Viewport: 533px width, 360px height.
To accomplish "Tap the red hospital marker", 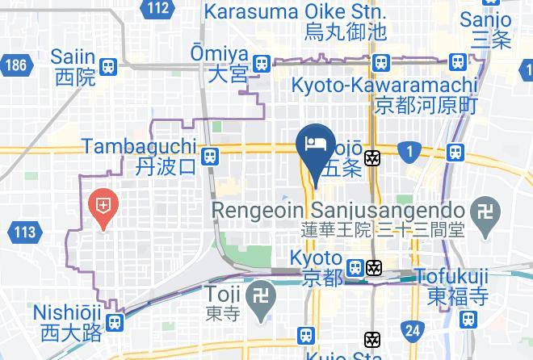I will (103, 205).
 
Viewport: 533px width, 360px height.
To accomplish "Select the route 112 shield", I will (159, 9).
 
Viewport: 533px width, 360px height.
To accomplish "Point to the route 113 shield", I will (25, 233).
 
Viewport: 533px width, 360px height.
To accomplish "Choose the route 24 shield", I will (413, 329).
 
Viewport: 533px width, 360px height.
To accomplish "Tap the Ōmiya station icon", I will (261, 63).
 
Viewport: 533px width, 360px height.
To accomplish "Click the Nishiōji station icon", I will (115, 321).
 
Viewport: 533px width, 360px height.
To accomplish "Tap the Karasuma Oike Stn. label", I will (296, 13).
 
